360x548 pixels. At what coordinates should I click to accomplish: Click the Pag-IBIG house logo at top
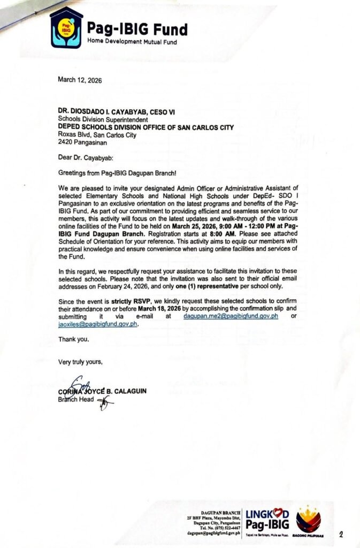point(66,28)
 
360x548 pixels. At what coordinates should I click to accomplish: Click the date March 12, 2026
point(80,80)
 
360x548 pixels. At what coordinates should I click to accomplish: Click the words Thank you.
point(74,339)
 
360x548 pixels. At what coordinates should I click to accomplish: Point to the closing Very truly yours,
point(80,362)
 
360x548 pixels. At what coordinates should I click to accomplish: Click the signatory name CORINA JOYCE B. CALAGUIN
point(102,391)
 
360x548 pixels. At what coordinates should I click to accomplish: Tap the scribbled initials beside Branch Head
point(105,402)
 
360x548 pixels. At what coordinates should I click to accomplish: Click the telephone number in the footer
point(220,528)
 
